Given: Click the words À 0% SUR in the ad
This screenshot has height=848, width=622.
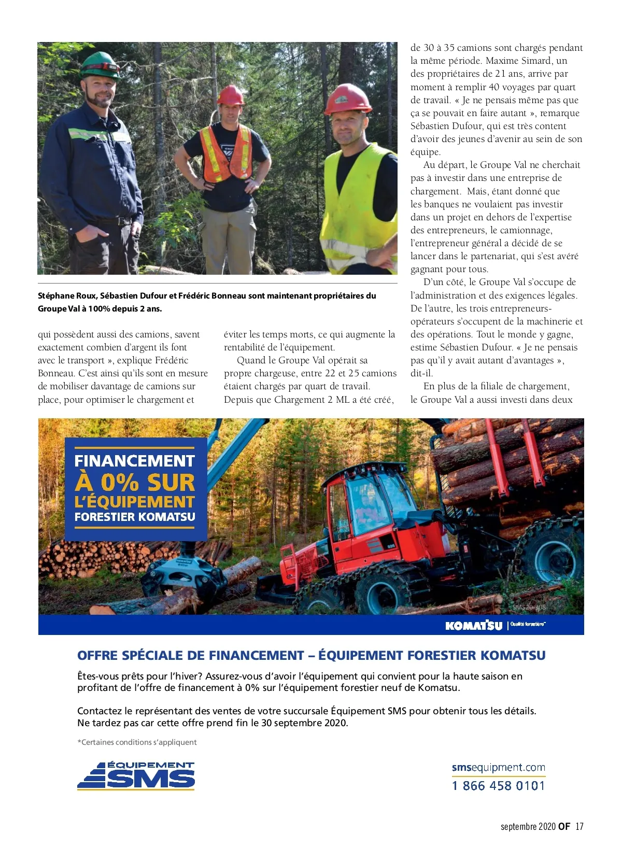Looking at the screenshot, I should point(135,482).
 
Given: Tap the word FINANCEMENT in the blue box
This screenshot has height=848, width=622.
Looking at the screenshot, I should point(135,461).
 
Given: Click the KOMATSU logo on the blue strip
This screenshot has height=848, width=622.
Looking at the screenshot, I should point(474,626).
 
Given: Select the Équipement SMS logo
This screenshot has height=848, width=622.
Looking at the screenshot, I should point(136,775).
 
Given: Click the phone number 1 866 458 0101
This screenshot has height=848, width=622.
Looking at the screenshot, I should point(498,786).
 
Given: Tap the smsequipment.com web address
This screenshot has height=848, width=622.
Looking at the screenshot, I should point(498,767).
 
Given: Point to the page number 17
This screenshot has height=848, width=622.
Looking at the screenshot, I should point(579,826).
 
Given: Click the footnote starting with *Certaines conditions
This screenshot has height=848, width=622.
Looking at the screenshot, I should point(137,742).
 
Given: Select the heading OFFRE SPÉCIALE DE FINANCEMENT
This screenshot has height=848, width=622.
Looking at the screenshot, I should point(190,656).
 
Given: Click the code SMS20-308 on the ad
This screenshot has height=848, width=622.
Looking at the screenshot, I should point(529,607).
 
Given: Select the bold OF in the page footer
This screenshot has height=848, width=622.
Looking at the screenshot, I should point(564,826).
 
